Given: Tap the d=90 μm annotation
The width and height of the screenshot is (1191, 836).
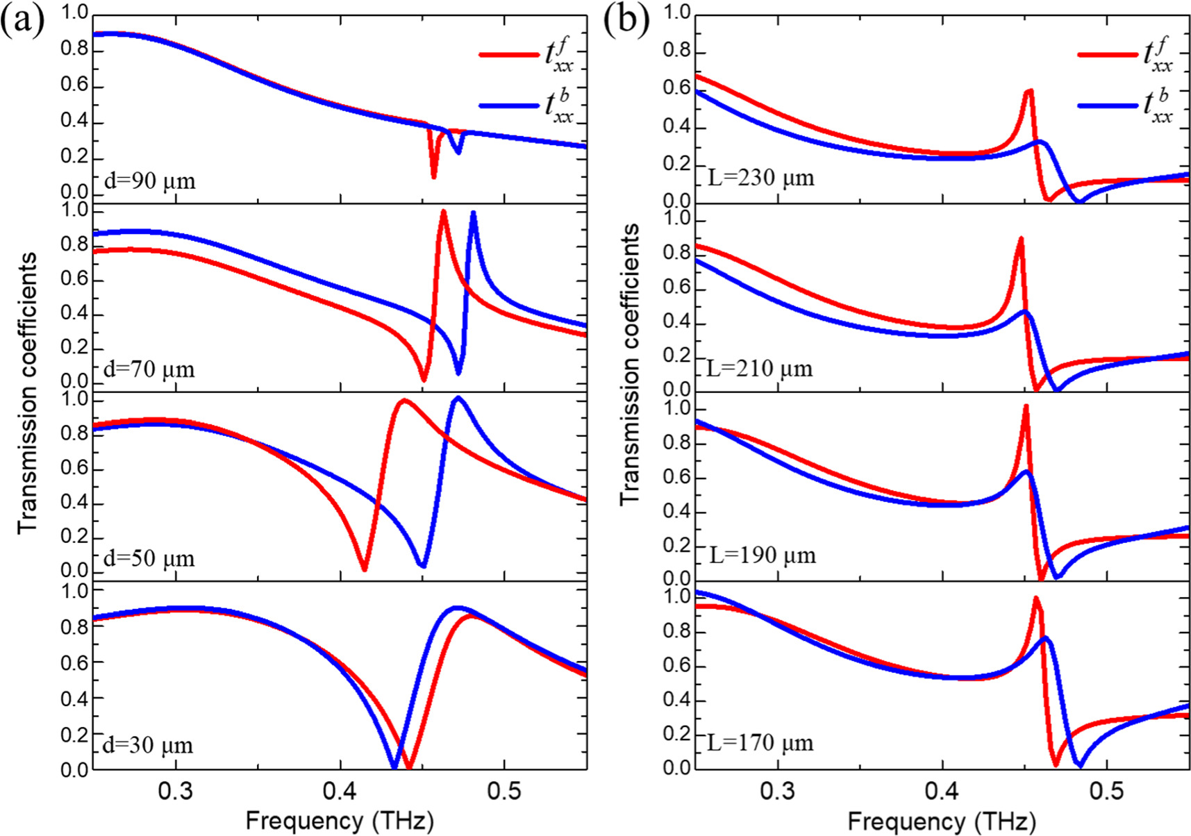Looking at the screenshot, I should (149, 181).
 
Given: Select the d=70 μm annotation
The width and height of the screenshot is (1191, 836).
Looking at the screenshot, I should (149, 369).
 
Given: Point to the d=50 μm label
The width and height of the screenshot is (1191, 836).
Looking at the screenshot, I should (149, 558).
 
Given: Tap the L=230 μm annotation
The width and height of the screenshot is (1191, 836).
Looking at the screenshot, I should (760, 178).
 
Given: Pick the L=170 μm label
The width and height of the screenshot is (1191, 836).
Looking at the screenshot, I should (760, 743).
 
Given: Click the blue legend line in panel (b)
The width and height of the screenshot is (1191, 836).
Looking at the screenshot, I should (1108, 106).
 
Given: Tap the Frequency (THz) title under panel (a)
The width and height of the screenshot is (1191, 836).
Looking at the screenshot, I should (339, 821).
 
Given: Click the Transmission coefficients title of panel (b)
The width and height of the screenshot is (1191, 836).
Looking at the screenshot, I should (629, 365).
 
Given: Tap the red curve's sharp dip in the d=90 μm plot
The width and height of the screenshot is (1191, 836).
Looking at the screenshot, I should (434, 176).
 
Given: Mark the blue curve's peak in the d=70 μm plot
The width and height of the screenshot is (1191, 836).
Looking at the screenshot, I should (474, 213).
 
